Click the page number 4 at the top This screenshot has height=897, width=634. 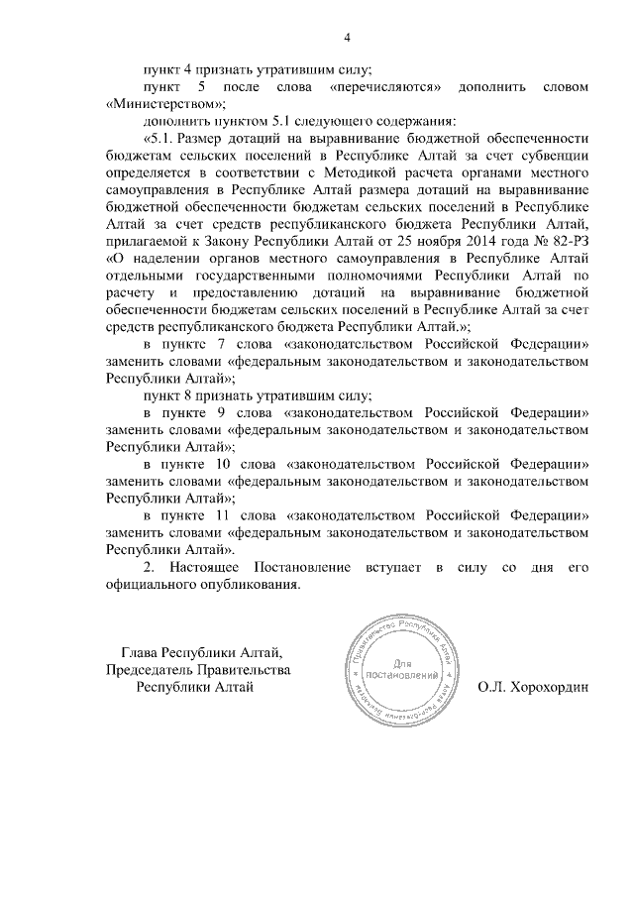click(347, 39)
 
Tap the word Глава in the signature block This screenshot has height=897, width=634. click(141, 652)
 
